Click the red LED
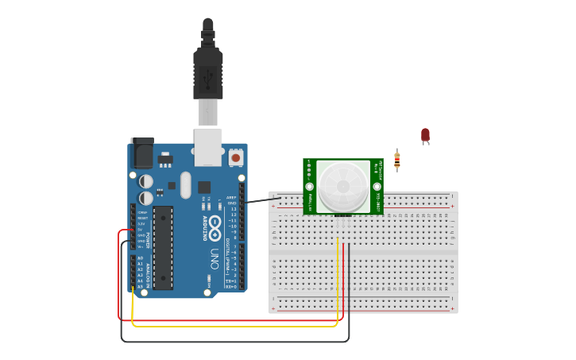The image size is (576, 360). click(425, 135)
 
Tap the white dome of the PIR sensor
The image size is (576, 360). click(342, 186)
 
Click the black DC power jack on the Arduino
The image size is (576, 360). click(142, 153)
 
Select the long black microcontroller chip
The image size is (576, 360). click(163, 247)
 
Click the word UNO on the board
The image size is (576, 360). click(214, 258)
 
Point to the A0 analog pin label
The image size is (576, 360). click(141, 258)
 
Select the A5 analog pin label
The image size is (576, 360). click(141, 286)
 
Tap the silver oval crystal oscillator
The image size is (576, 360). click(186, 185)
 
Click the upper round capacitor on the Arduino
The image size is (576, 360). click(146, 181)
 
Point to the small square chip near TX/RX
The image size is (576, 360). click(204, 188)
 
